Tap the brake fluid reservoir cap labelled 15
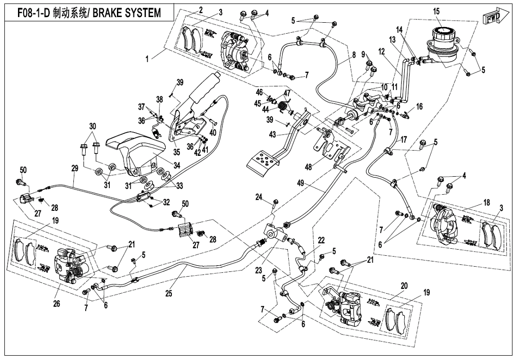point(443,34)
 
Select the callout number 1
point(148,59)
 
